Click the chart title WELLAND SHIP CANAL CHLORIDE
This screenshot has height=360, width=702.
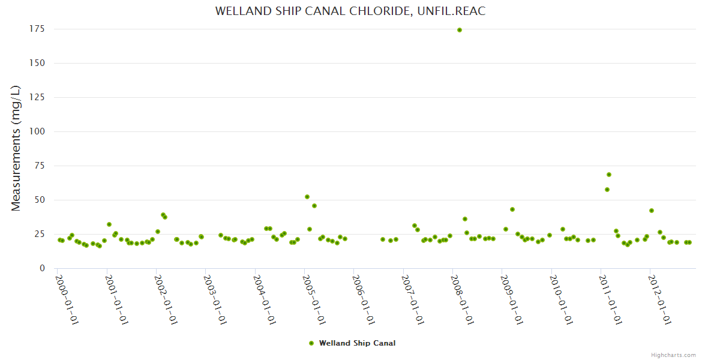[x=350, y=11]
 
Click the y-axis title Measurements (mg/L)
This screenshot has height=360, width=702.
[x=16, y=148]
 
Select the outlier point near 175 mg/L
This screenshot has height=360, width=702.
[x=460, y=30]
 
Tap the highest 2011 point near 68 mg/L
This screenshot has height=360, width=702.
[x=609, y=175]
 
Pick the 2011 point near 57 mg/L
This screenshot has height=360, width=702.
[x=607, y=190]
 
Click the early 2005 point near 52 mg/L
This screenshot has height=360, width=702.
[x=307, y=197]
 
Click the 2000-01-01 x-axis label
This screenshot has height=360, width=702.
[x=68, y=299]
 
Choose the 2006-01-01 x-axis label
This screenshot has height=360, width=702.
[x=364, y=299]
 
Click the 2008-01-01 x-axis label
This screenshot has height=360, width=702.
[x=463, y=299]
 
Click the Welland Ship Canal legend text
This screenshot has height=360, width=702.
[x=357, y=343]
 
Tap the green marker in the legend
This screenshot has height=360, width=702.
[x=311, y=343]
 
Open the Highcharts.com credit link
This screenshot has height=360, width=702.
[x=673, y=355]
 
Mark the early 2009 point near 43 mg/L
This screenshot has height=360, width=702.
[x=512, y=209]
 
